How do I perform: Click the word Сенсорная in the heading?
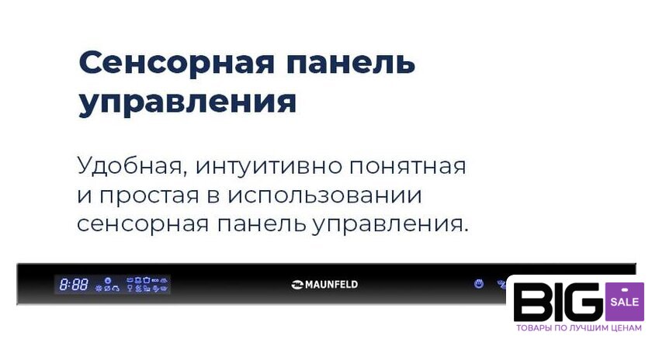coord(176,62)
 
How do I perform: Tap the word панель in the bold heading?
coord(352,62)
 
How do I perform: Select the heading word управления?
coord(188,102)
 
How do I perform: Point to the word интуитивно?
coord(269,167)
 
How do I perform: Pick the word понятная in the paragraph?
coord(408,167)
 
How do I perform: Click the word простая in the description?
coord(149,196)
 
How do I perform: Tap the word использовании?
coord(324,196)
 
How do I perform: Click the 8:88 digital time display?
coord(74,285)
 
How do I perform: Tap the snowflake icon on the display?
coord(99,288)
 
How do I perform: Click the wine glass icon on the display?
coord(130,288)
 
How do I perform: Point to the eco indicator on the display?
coord(155,280)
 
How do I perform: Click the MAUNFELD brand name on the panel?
coord(331,285)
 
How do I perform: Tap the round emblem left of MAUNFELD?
coord(297,285)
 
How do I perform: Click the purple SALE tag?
coord(625,302)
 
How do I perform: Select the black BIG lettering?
coord(558,302)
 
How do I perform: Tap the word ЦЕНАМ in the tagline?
coord(627,328)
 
